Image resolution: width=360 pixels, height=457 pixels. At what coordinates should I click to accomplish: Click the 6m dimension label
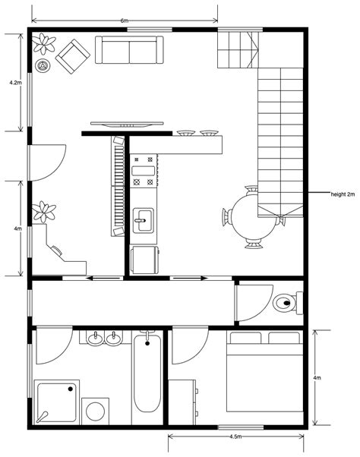pyautogui.click(x=123, y=19)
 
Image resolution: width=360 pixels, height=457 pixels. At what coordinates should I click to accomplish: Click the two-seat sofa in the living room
pyautogui.click(x=128, y=50)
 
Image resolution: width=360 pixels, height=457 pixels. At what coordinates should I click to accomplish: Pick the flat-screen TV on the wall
pyautogui.click(x=126, y=123)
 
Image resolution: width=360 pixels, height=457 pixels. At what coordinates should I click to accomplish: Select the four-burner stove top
pyautogui.click(x=144, y=171)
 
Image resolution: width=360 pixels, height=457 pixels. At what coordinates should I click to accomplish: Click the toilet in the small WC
pyautogui.click(x=286, y=303)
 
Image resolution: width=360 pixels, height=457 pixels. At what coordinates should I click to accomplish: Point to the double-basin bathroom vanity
pyautogui.click(x=104, y=338)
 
